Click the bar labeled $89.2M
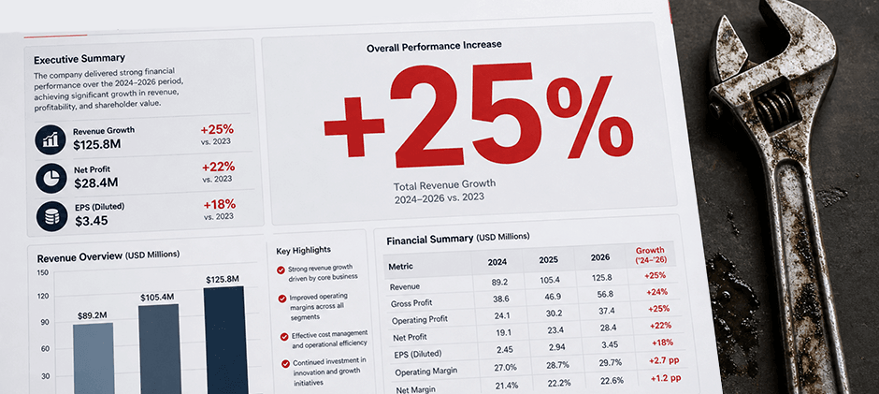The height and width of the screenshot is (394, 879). click(x=94, y=358)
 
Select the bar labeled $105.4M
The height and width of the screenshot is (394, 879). click(x=159, y=349)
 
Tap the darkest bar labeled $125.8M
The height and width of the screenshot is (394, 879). click(x=225, y=340)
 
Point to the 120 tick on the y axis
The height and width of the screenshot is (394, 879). click(x=43, y=297)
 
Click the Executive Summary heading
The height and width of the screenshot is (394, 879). click(x=79, y=58)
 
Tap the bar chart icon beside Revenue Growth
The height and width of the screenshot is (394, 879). click(x=50, y=139)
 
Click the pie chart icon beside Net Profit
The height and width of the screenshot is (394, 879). click(x=51, y=178)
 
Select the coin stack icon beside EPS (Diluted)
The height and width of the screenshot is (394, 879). click(x=52, y=216)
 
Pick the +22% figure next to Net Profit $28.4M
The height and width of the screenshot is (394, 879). click(x=218, y=167)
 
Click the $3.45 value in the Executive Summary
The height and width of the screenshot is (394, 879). click(x=92, y=221)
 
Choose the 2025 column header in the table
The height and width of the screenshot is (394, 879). click(x=548, y=260)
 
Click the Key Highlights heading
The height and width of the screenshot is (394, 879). click(x=303, y=250)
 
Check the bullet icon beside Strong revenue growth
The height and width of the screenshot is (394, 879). click(x=281, y=270)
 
